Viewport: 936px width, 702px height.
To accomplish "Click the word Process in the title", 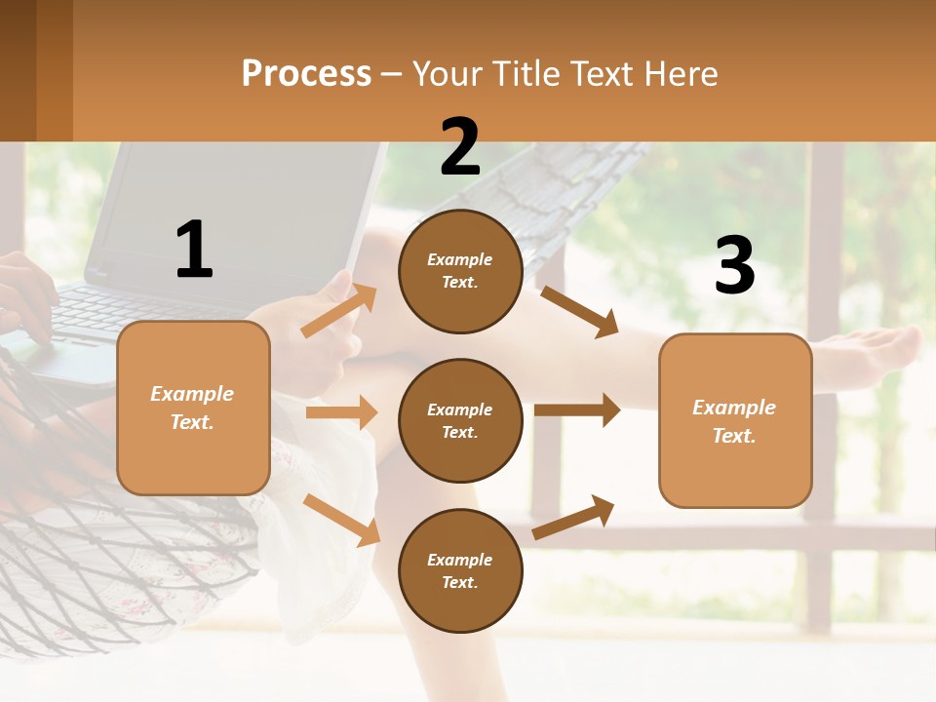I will click(x=306, y=74).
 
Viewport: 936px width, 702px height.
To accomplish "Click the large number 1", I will click(x=194, y=250).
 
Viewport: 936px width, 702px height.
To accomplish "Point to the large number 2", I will click(x=460, y=147).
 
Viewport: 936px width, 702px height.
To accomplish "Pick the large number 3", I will click(x=735, y=266).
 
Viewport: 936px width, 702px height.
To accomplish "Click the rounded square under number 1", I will click(x=193, y=408).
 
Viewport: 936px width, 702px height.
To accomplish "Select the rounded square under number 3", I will click(x=735, y=420).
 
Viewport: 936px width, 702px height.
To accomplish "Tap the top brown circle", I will click(x=460, y=271).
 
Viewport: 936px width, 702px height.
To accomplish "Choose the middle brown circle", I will click(x=460, y=420).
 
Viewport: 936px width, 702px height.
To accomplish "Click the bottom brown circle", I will click(x=460, y=570).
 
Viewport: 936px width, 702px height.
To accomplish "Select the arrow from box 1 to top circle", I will click(x=339, y=310).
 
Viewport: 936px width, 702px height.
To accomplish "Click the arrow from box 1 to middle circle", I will click(x=341, y=412).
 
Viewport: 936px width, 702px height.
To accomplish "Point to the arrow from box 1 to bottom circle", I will click(x=341, y=520).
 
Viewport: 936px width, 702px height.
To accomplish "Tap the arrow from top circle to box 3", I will click(x=580, y=311).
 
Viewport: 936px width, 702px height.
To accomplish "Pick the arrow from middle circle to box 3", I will click(x=577, y=409).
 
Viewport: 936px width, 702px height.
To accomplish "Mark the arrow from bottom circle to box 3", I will click(x=573, y=517).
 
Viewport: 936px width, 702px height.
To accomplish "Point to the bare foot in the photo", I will click(x=868, y=351).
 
